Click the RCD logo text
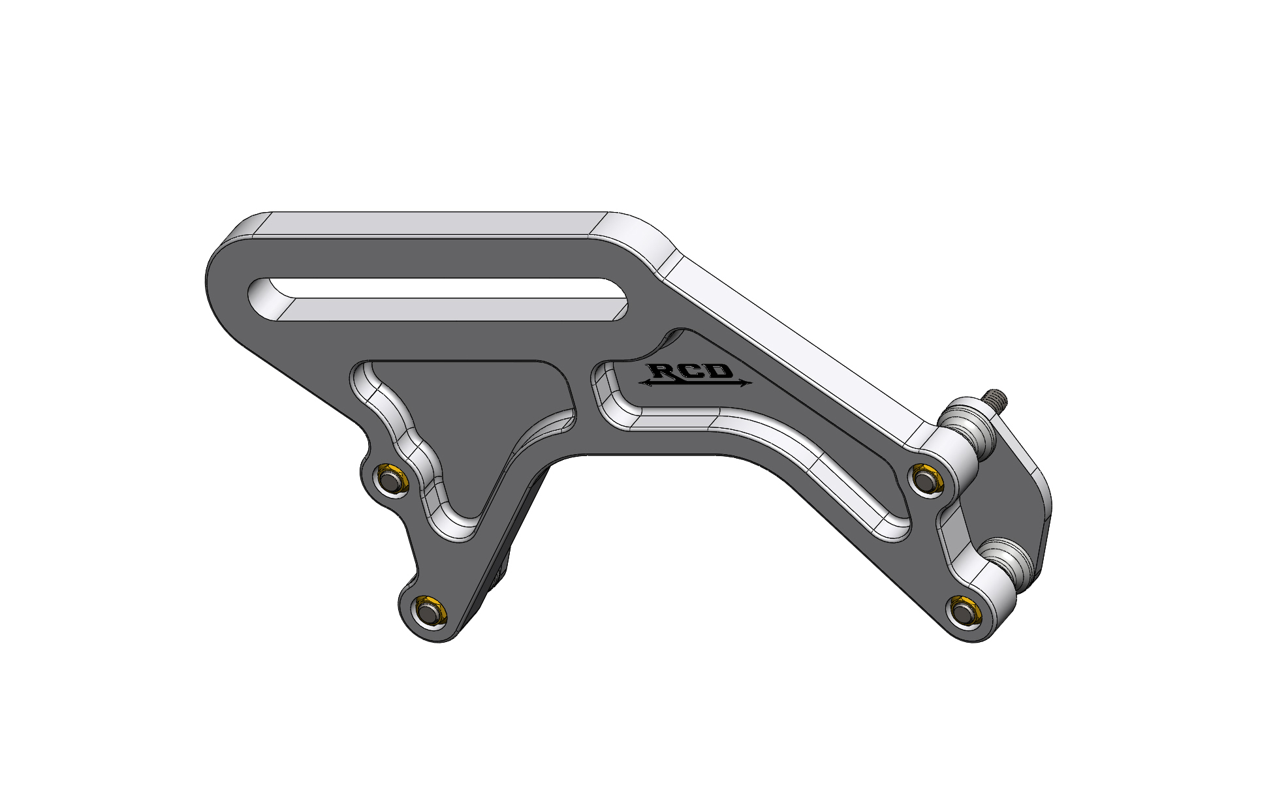coord(694,373)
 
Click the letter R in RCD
coord(666,372)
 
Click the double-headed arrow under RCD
coord(695,384)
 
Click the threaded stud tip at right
coord(998,395)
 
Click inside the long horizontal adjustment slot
coord(444,299)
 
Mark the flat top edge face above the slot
coord(431,223)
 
